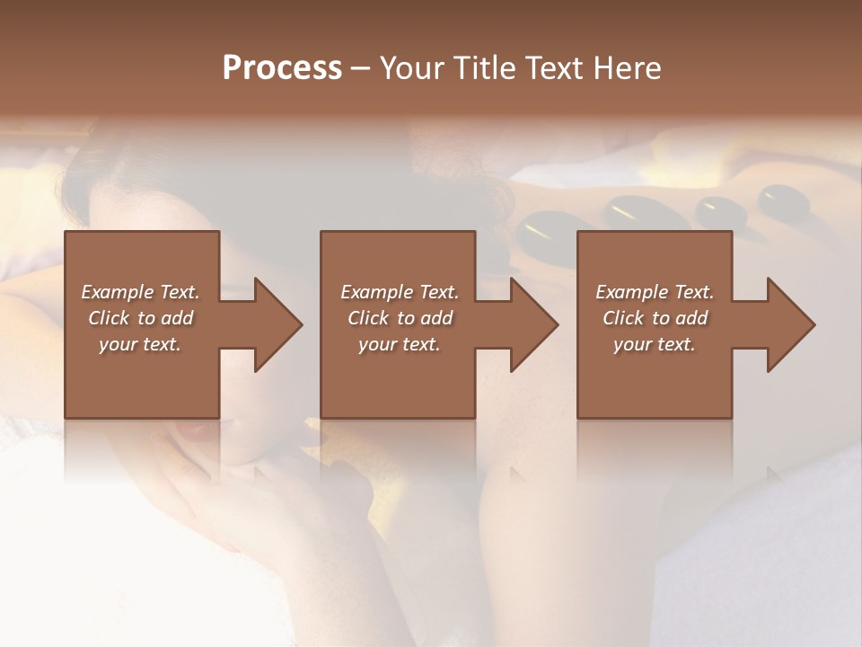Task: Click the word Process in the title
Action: point(282,68)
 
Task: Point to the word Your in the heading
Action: point(409,68)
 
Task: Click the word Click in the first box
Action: point(109,318)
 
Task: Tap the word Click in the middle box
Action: point(368,318)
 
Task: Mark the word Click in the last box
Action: point(623,318)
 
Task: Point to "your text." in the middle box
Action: point(400,344)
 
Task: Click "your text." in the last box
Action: point(655,344)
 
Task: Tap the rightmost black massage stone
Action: point(783,199)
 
